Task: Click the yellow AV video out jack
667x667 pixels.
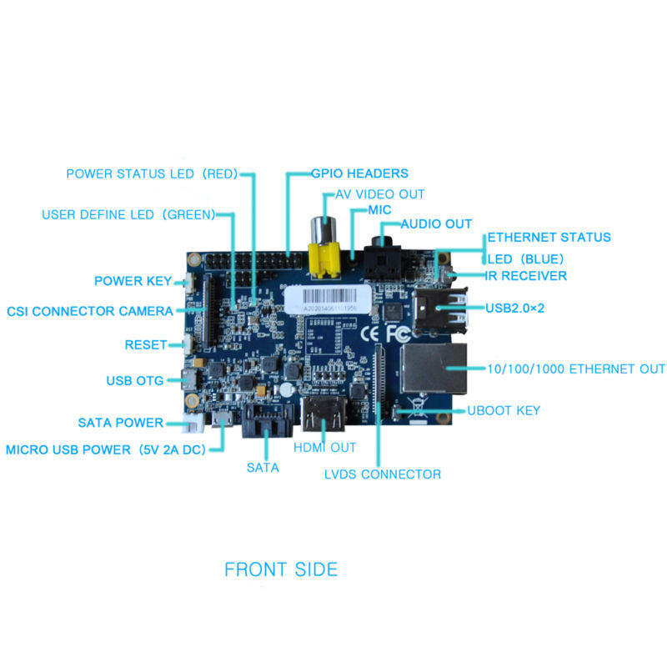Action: (x=322, y=253)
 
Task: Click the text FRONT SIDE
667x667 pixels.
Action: (x=281, y=570)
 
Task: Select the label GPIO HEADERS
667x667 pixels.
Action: (x=359, y=173)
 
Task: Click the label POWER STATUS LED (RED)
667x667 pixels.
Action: (x=152, y=173)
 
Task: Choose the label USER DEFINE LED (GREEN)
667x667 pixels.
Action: (x=128, y=214)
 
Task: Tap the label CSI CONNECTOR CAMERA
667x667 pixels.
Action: (x=90, y=311)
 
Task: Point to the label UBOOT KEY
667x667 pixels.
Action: (x=504, y=410)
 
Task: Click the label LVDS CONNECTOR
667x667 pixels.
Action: (x=382, y=474)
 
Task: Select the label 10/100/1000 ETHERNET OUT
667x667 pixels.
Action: (x=576, y=369)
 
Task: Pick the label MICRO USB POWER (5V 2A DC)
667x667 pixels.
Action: (x=104, y=449)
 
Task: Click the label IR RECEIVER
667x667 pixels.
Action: (x=526, y=275)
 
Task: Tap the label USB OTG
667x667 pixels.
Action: (x=135, y=381)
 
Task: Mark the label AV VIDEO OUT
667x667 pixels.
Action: (x=379, y=193)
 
